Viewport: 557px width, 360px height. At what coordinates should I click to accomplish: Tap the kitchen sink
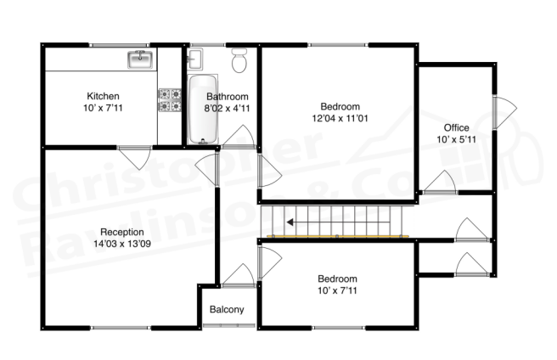pos(140,59)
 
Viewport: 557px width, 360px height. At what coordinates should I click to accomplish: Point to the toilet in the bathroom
pos(239,61)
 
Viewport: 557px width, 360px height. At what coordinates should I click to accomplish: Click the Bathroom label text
pos(227,96)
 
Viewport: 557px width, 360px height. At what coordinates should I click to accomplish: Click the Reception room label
pos(121,232)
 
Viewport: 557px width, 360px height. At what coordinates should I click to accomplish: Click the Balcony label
pos(227,310)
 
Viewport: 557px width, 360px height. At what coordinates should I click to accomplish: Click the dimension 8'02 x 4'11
pos(227,108)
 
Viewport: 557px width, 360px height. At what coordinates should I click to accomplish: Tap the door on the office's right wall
pos(504,113)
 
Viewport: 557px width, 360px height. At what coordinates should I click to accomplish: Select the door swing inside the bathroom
pos(239,137)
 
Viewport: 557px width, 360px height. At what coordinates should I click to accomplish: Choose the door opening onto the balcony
pos(237,273)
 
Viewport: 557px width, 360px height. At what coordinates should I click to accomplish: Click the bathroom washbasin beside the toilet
pos(194,59)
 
